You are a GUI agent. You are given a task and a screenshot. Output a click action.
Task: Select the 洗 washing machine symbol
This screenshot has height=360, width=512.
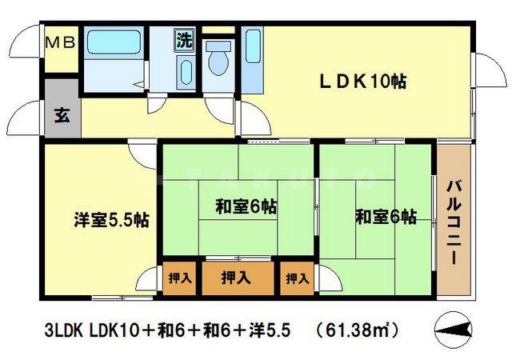pos(185,39)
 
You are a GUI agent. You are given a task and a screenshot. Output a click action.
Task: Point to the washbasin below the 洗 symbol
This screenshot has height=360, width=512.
pos(184,74)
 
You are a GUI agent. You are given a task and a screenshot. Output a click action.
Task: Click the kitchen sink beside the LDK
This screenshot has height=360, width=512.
pos(252,60)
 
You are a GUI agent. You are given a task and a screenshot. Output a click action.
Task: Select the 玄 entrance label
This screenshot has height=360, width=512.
pos(62,114)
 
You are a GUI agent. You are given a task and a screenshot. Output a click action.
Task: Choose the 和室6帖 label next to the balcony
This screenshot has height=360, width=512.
pos(386,215)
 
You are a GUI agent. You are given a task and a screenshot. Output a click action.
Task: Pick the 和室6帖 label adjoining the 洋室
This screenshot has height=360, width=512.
pos(246,207)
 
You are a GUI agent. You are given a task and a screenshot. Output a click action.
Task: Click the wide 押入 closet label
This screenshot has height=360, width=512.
pos(235,278)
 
